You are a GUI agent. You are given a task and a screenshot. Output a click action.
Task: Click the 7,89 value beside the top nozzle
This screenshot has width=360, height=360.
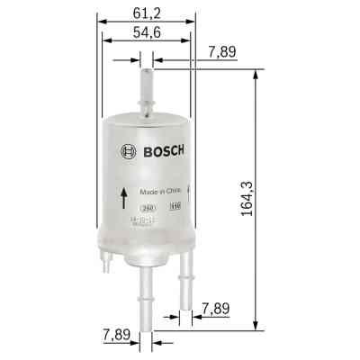point(221,51)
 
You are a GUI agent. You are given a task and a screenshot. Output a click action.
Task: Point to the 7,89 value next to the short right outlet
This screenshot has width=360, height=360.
point(221,308)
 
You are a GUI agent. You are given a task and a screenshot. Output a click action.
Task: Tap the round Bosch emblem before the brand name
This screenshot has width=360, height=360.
point(128,152)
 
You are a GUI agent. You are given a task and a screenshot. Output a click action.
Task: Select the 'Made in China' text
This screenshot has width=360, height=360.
point(158,191)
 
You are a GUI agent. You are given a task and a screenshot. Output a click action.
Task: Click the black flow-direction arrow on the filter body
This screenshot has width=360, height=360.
point(121,197)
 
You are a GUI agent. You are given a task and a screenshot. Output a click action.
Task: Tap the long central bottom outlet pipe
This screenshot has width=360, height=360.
point(146,292)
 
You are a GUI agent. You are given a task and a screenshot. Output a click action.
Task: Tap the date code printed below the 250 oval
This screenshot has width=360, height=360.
point(142,219)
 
